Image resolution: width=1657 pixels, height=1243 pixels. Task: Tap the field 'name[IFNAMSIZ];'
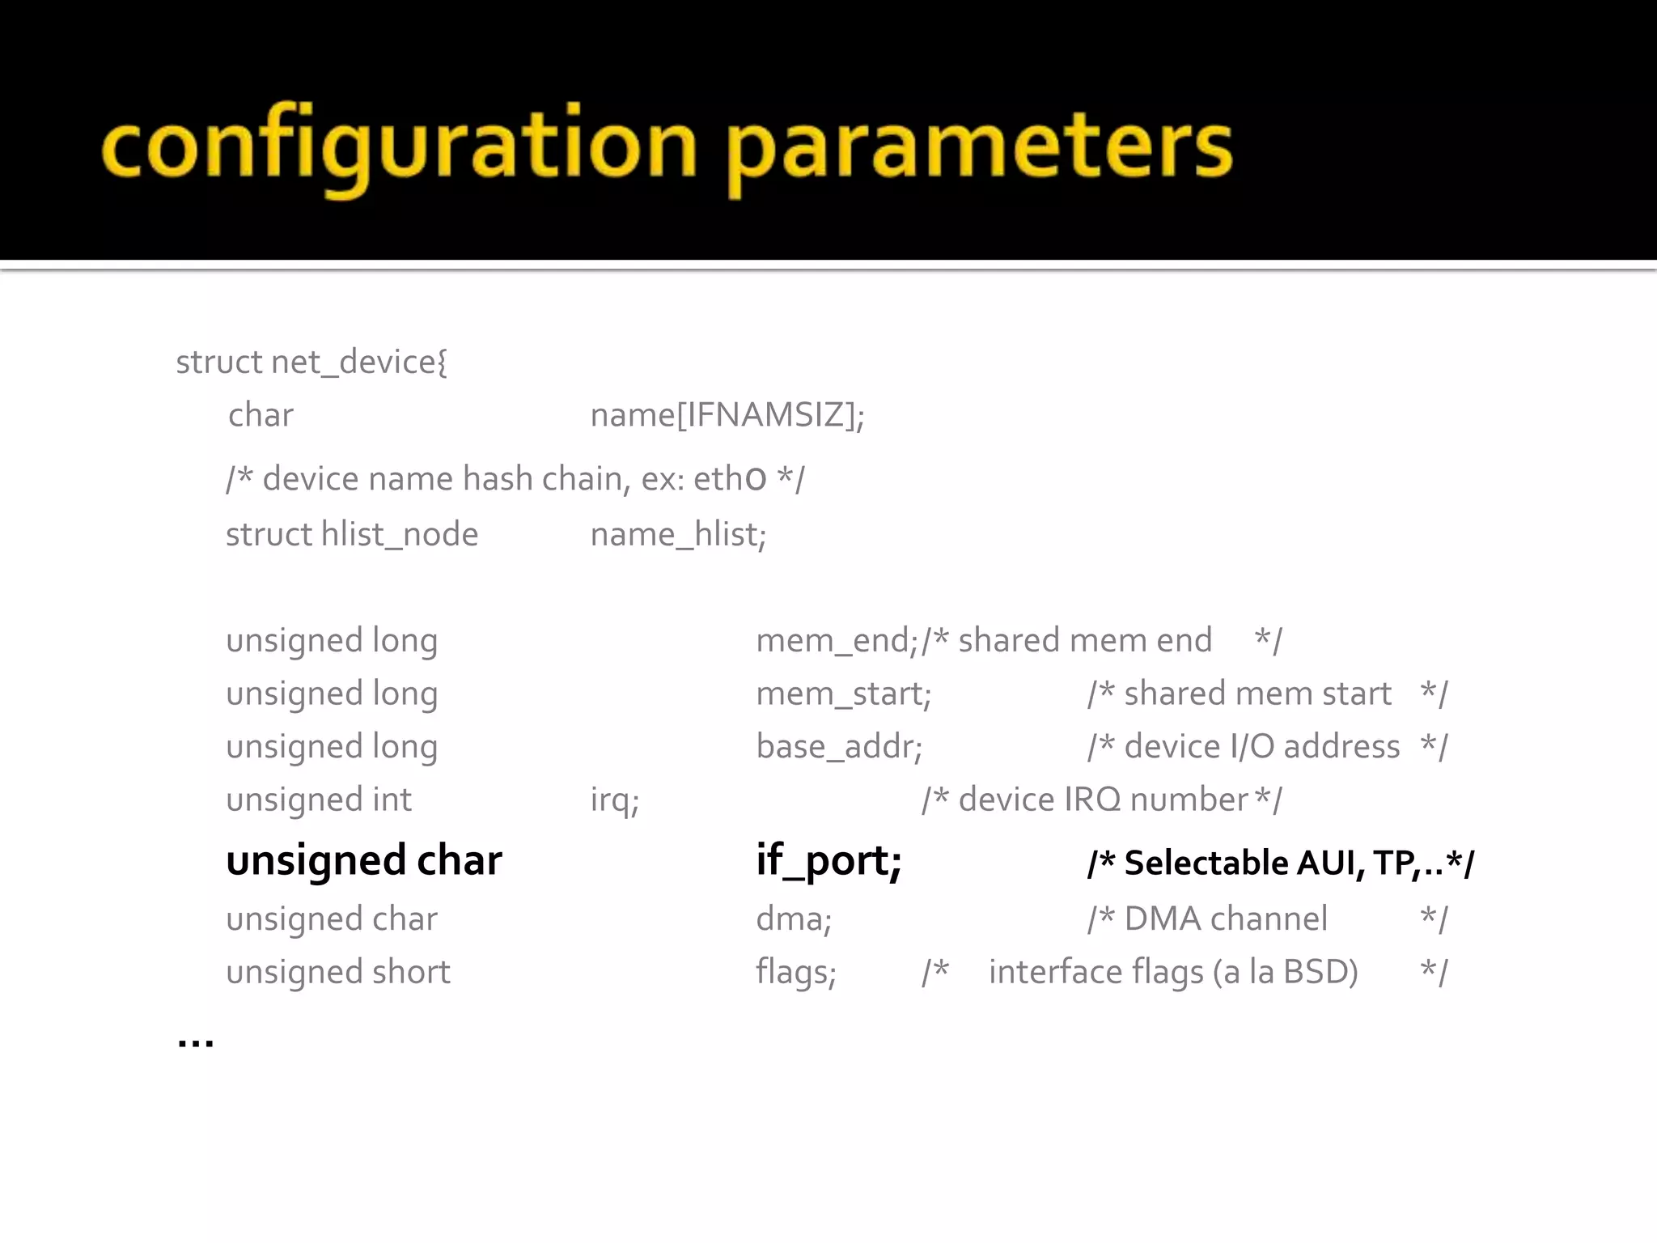click(727, 415)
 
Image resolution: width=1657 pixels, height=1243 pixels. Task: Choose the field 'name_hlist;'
click(678, 534)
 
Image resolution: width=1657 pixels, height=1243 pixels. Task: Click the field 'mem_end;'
click(837, 640)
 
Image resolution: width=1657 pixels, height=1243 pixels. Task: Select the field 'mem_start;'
click(843, 694)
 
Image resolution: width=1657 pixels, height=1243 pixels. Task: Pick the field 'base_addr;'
click(839, 746)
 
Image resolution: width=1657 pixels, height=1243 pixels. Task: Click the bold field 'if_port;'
click(828, 859)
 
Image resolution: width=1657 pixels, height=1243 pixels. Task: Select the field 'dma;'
click(794, 918)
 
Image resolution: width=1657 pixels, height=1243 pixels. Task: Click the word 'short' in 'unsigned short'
click(410, 972)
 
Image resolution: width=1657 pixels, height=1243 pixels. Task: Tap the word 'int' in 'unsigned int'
click(392, 800)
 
